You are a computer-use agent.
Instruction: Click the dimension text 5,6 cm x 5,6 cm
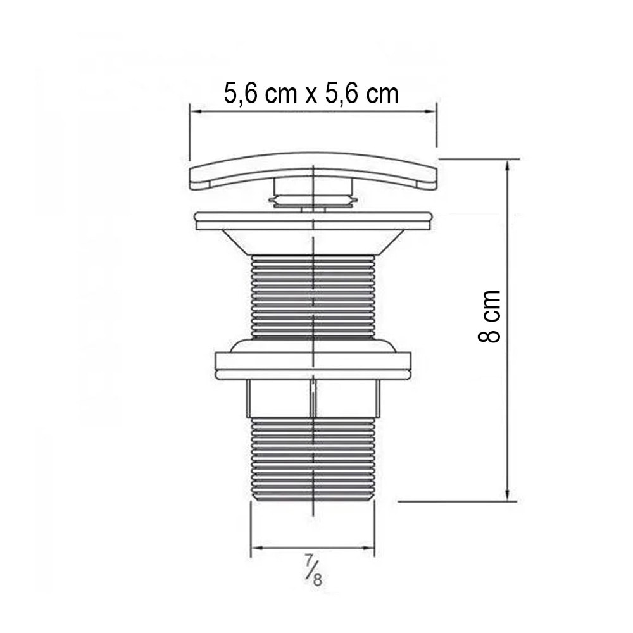point(311,94)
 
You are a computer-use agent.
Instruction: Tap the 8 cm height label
point(489,316)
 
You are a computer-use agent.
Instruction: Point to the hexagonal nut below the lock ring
point(313,399)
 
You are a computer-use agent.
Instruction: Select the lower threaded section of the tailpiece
point(313,459)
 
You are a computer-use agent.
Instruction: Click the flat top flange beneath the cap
point(313,220)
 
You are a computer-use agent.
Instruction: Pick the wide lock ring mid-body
point(313,366)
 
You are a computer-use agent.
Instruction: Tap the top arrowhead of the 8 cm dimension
point(508,165)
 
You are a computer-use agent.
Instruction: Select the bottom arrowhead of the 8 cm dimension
point(508,495)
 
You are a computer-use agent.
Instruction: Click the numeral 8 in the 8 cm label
point(489,334)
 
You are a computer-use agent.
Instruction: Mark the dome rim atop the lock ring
point(313,344)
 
